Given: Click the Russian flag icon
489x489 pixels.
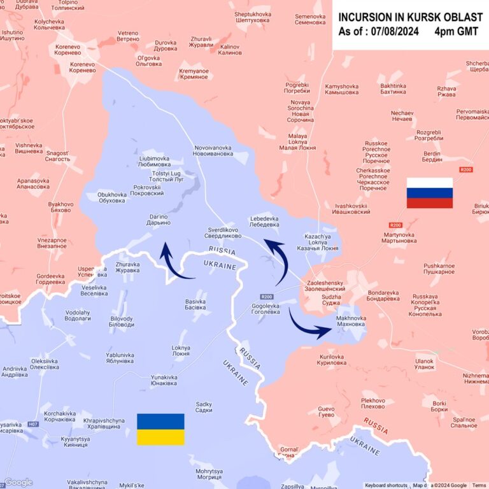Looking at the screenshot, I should [430, 193].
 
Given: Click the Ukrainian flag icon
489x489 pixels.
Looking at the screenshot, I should [160, 429].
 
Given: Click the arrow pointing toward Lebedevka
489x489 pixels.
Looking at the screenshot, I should [277, 261].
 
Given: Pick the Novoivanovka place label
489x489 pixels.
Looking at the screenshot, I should [213, 151].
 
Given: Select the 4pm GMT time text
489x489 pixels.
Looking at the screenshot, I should [458, 32].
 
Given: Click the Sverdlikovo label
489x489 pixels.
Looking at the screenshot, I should [223, 232].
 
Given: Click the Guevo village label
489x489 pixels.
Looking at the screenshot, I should [326, 411].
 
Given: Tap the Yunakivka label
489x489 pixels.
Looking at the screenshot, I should [164, 380].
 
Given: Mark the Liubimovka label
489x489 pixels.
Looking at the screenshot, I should [154, 161].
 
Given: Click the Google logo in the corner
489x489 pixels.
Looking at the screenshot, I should [18, 483].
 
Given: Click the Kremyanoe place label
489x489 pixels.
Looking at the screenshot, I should [194, 74].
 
